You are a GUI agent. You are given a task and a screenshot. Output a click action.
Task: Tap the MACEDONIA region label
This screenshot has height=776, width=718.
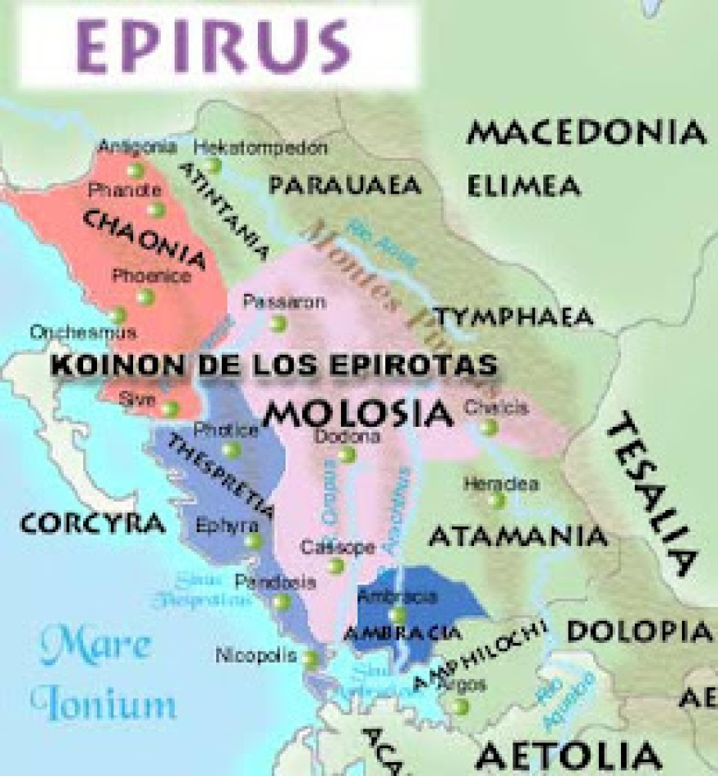click(586, 132)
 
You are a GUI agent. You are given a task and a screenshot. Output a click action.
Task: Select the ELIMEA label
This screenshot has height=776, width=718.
click(524, 186)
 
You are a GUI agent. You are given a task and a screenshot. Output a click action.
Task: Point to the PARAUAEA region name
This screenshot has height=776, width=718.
click(345, 186)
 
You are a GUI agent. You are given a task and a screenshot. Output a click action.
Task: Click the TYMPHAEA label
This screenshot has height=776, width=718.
click(512, 317)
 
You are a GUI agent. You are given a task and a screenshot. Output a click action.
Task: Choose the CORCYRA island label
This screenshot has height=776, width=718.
click(92, 523)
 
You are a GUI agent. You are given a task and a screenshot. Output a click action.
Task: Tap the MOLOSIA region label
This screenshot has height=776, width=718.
click(357, 414)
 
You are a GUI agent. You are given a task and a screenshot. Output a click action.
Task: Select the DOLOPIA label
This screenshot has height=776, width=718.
click(639, 631)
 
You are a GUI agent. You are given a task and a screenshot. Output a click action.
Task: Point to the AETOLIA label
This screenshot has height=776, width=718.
click(569, 755)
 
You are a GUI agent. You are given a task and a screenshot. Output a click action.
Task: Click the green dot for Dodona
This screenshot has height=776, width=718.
click(348, 455)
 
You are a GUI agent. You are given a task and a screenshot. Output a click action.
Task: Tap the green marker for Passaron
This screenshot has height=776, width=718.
click(278, 323)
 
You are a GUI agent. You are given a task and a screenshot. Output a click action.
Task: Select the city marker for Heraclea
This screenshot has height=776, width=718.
click(497, 501)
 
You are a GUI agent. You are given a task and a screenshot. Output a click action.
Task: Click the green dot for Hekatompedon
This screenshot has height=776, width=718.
click(215, 166)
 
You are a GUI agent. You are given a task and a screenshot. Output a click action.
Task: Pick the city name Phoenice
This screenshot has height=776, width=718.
click(152, 276)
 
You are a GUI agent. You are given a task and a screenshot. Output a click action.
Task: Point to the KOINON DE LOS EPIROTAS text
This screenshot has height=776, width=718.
click(274, 365)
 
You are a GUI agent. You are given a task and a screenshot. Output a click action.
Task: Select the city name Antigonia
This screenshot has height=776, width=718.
click(137, 147)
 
